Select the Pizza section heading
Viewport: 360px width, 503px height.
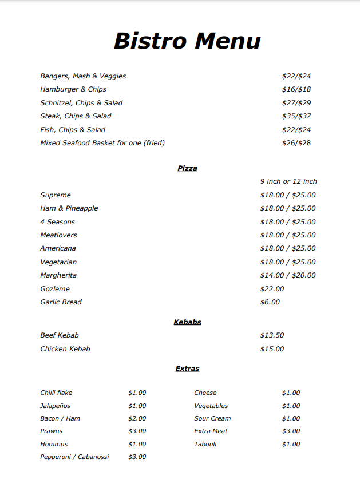187,168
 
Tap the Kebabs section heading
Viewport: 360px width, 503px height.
187,322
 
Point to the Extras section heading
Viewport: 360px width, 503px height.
187,369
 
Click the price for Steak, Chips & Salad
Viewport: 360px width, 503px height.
296,116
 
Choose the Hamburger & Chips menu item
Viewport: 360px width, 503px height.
73,89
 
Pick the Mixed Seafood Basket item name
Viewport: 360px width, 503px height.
102,143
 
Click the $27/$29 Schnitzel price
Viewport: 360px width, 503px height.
296,103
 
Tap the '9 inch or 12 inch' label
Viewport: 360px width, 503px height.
288,181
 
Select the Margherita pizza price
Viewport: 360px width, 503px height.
287,275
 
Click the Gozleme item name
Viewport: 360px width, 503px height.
55,289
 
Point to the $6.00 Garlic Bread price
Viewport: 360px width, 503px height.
270,302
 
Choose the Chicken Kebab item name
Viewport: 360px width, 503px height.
65,349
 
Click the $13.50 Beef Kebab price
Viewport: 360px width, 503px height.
272,335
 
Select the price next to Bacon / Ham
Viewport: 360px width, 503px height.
137,418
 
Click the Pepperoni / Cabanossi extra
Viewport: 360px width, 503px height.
74,457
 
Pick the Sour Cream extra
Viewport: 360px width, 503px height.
212,418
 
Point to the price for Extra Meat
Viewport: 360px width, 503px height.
291,431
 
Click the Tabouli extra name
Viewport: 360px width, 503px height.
205,444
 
